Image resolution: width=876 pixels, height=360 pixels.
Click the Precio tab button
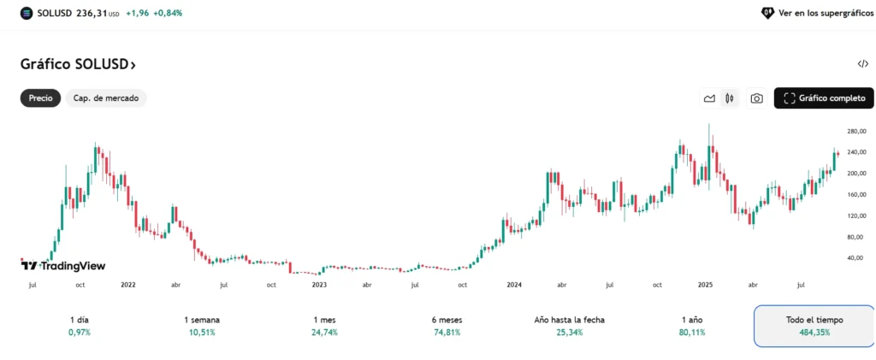click(40, 98)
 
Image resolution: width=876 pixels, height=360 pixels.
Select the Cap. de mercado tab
click(106, 98)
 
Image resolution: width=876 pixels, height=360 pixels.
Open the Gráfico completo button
click(824, 98)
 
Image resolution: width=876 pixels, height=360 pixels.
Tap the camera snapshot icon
click(756, 98)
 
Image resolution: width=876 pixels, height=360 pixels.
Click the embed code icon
click(862, 64)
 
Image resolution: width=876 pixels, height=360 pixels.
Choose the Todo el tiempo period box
click(814, 326)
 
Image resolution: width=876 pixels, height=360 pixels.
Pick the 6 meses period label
click(448, 320)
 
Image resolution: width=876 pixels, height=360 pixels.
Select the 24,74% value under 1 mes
click(325, 333)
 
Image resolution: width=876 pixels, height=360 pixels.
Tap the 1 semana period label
click(202, 320)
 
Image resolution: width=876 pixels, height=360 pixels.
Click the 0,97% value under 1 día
click(79, 333)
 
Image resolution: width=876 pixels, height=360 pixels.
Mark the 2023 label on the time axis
click(319, 284)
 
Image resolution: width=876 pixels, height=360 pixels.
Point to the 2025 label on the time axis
click(706, 284)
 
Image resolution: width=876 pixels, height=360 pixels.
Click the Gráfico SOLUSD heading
click(78, 64)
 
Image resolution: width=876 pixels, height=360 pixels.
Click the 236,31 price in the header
click(92, 14)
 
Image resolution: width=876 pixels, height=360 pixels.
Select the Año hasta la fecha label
click(569, 320)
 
